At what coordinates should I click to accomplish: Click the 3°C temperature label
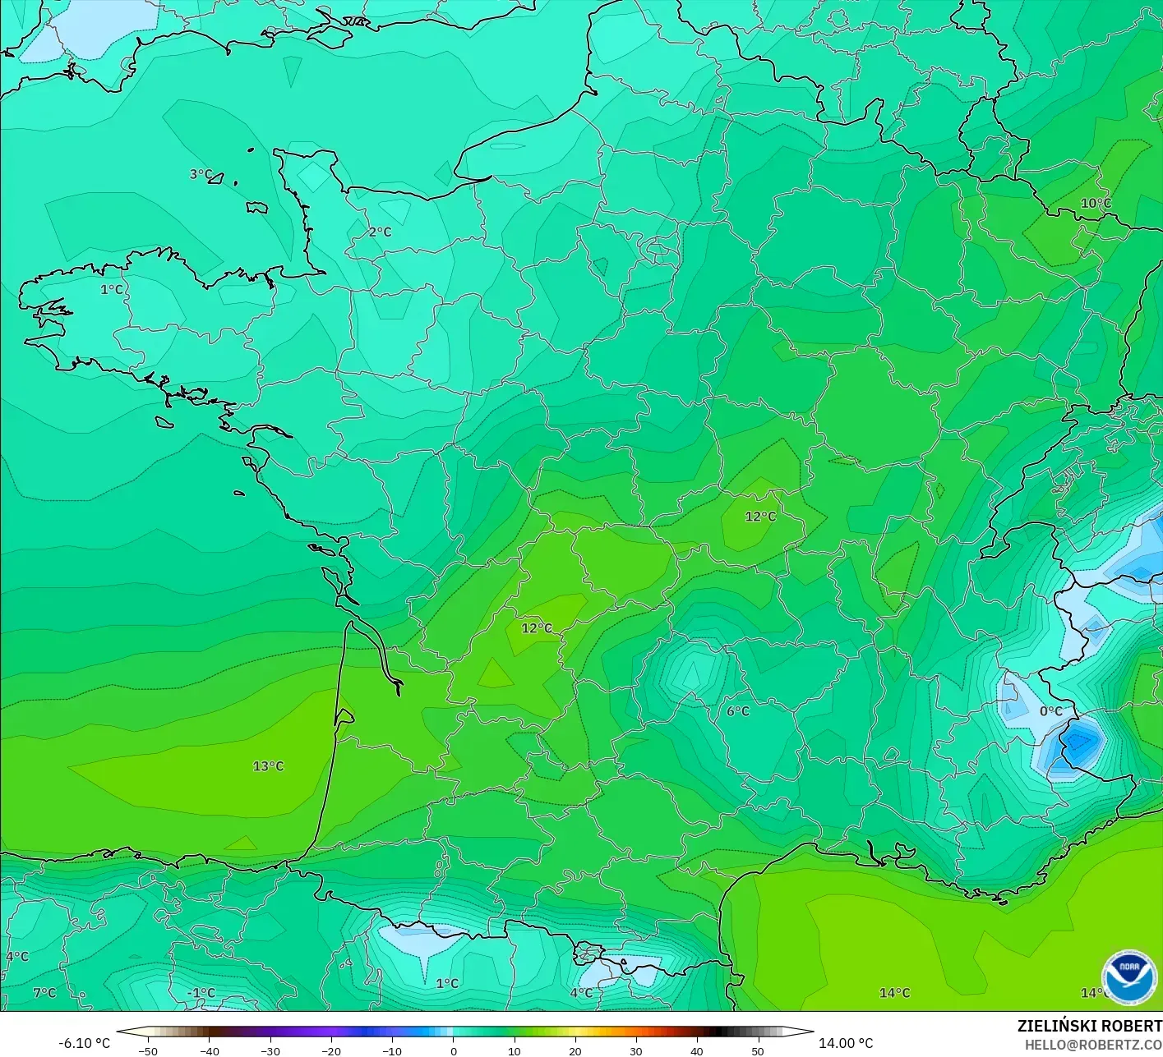201,174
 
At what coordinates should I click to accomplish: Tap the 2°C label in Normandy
380,232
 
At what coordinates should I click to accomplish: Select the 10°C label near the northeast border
1096,204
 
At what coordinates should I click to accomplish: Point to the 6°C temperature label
738,711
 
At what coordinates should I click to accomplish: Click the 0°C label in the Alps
1051,711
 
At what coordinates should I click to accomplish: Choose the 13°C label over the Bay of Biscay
268,766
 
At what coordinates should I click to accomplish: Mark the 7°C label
44,993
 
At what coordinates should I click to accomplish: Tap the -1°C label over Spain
201,993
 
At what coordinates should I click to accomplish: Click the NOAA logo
1128,977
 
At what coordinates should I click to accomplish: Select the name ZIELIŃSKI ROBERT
1089,1026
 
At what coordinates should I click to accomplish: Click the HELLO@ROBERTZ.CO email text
1093,1045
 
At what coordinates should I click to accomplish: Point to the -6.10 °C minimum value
84,1043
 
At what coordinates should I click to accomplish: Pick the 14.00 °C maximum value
846,1043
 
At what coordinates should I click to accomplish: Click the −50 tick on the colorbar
148,1051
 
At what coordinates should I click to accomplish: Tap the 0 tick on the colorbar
453,1051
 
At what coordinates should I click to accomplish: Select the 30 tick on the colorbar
635,1051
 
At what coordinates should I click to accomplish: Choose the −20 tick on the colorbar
330,1051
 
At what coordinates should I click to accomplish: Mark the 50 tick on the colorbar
757,1051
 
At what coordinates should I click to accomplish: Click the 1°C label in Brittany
112,290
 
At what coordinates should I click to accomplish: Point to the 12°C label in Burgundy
760,517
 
